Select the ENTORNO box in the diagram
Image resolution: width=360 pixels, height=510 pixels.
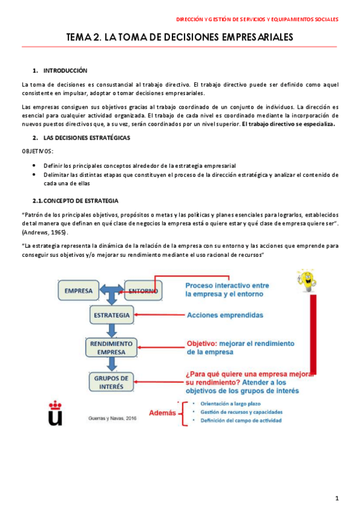point(144,292)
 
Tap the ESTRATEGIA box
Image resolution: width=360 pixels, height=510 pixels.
point(112,315)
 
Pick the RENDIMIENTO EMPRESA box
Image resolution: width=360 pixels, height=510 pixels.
point(112,348)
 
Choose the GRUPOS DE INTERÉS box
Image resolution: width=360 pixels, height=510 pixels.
point(112,382)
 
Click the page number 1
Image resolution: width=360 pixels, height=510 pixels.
point(337,498)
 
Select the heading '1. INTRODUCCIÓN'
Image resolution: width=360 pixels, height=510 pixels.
point(60,70)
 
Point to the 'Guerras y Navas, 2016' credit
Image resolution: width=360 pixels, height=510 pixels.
point(112,419)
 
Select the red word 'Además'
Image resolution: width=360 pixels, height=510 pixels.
point(161,413)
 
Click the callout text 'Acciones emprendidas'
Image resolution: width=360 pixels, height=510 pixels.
point(225,315)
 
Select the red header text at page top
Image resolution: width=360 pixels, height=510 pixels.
point(261,19)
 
